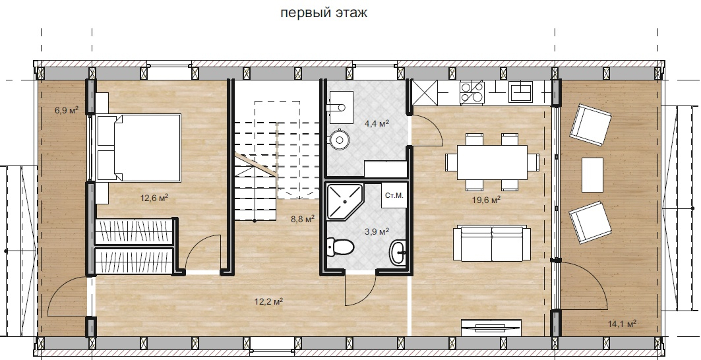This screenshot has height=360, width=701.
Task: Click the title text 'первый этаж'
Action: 324,13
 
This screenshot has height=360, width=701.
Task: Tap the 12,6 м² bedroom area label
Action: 154,197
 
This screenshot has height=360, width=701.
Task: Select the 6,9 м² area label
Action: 67,109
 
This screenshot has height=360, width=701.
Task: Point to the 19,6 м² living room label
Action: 486,200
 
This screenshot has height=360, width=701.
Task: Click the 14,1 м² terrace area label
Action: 623,323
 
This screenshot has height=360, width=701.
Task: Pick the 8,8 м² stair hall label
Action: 302,219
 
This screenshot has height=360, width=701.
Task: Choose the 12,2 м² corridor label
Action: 268,302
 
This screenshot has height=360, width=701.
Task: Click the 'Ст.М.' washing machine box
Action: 394,195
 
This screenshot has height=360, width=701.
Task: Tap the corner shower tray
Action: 345,202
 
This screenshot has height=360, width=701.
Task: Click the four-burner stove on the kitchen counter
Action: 472,92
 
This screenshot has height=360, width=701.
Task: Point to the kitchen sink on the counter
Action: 520,92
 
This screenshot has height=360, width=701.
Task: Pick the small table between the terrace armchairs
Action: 592,175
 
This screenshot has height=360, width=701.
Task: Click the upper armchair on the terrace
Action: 591,125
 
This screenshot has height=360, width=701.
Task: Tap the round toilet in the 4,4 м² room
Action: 340,139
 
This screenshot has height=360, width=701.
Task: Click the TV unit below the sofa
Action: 491,327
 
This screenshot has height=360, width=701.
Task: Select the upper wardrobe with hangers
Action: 135,232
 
